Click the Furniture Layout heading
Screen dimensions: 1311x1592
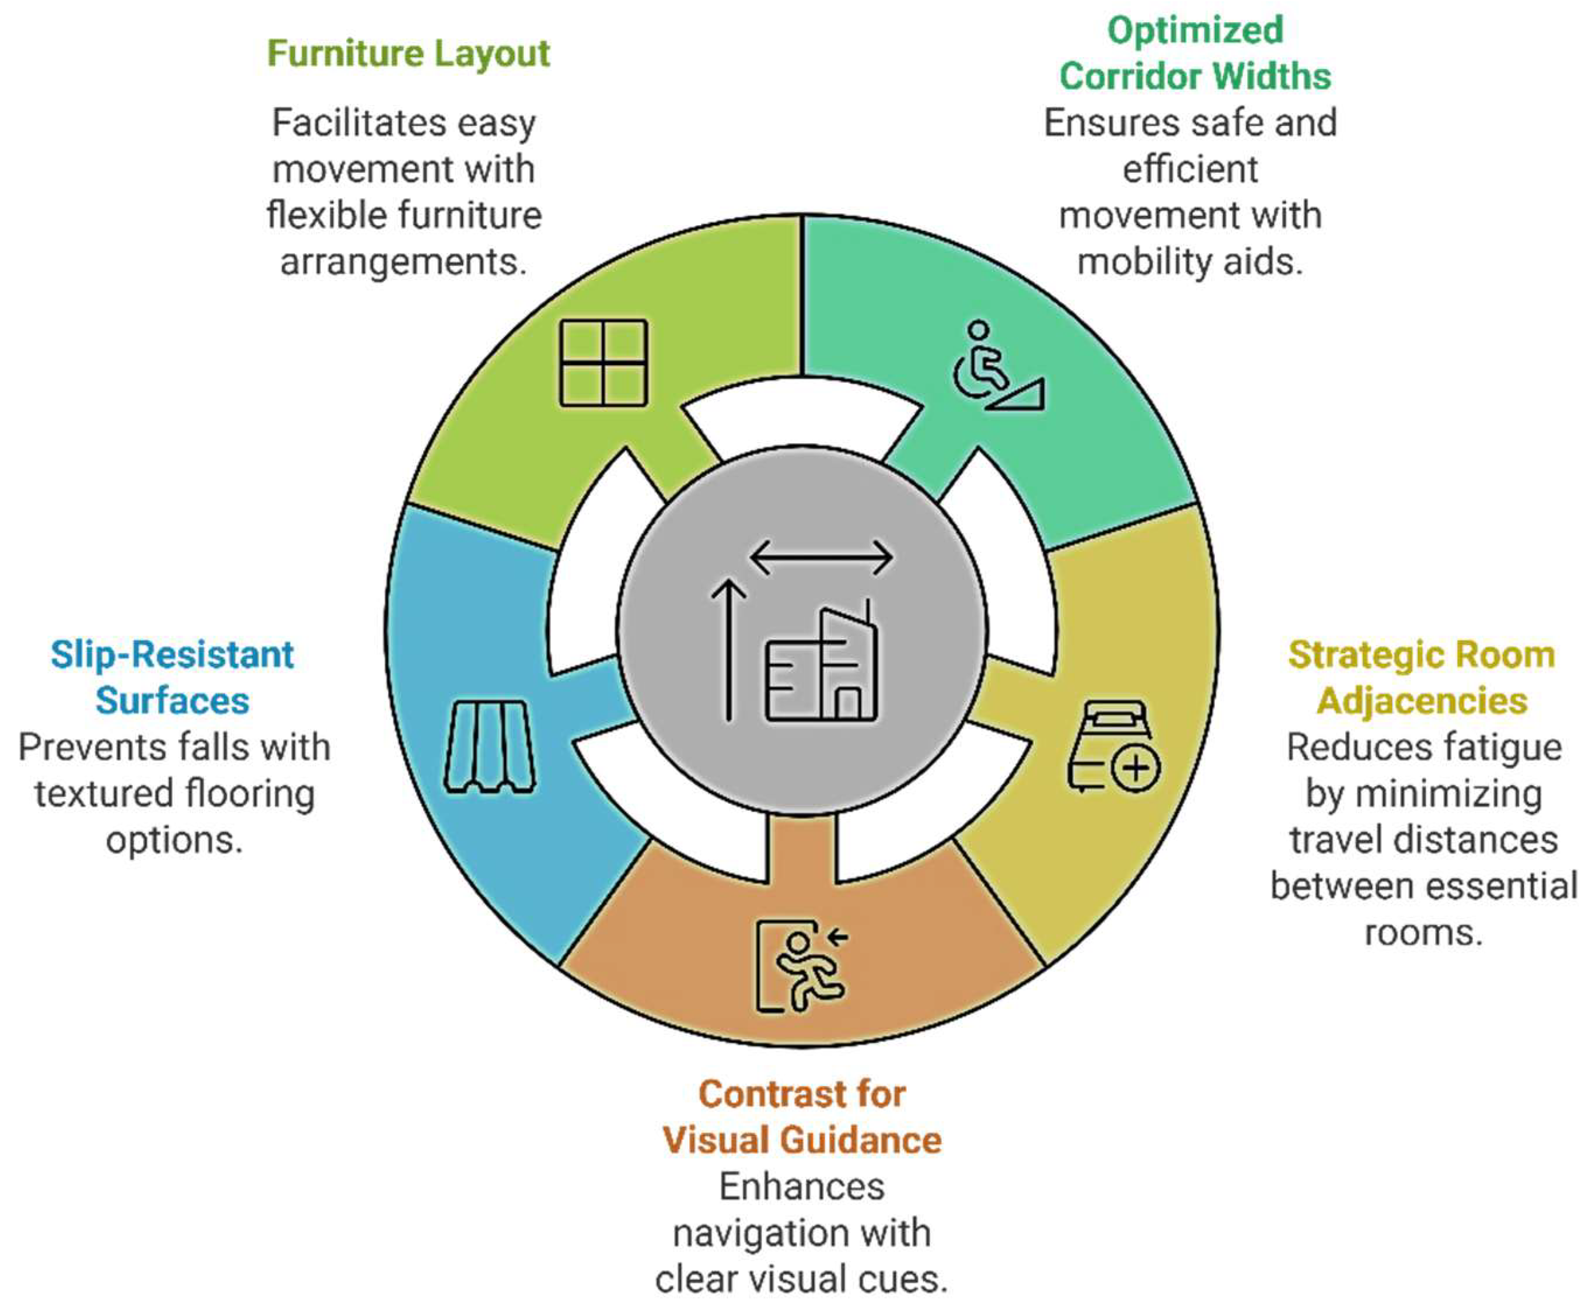coord(409,54)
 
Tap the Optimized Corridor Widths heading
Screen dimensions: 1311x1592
coord(1195,54)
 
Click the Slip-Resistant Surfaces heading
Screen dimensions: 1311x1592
coord(172,678)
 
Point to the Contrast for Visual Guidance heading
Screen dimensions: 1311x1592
coord(802,1117)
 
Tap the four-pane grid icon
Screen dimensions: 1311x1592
coord(603,363)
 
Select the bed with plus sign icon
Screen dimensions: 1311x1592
coord(1113,746)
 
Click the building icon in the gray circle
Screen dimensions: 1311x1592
coord(822,666)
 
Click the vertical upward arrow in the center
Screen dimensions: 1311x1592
coord(728,650)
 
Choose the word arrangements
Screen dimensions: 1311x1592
coord(403,262)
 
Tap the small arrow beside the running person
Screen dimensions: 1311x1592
coord(837,938)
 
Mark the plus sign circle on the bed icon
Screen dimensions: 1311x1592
coord(1136,768)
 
